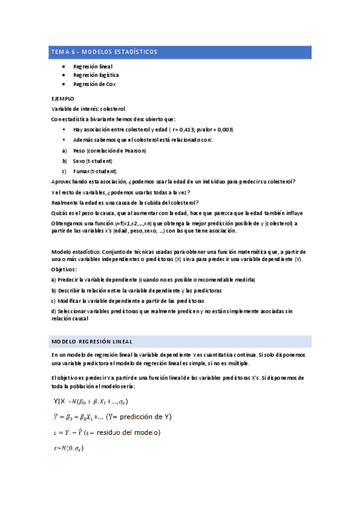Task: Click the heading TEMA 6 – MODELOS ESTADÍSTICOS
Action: tap(103, 52)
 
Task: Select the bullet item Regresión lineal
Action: tap(93, 66)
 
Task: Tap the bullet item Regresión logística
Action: tap(96, 75)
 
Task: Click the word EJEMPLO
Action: tap(63, 97)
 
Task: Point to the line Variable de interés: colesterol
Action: tap(88, 108)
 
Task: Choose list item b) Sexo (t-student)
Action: tap(92, 161)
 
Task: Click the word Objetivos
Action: tap(64, 269)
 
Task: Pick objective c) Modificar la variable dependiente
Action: tap(127, 300)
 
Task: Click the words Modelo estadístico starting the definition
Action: tap(76, 250)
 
